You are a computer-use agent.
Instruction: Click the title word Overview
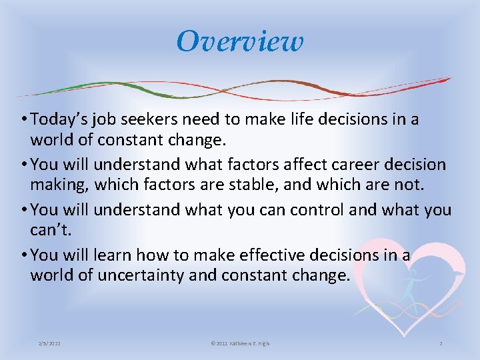(x=240, y=41)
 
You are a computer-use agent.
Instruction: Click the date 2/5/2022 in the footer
(x=50, y=343)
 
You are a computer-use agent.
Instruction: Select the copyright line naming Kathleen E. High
(x=239, y=343)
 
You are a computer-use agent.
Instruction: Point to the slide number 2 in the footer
(x=441, y=343)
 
